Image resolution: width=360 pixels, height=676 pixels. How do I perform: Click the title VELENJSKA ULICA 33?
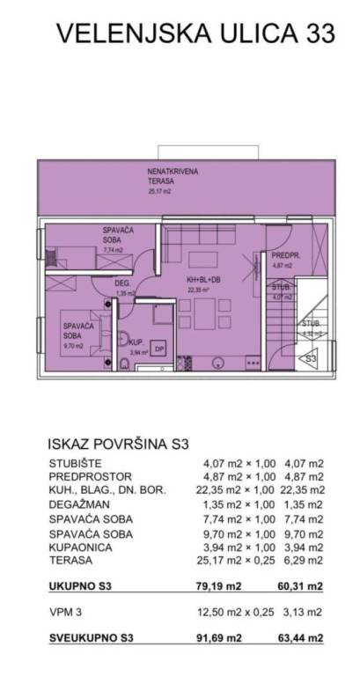[x=195, y=34]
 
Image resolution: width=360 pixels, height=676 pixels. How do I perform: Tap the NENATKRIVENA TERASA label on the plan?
[x=168, y=176]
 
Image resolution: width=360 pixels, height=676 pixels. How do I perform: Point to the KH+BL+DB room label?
[x=203, y=280]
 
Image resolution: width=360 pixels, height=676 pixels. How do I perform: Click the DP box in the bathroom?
[x=159, y=348]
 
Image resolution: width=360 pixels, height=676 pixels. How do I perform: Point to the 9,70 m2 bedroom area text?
[x=72, y=346]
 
